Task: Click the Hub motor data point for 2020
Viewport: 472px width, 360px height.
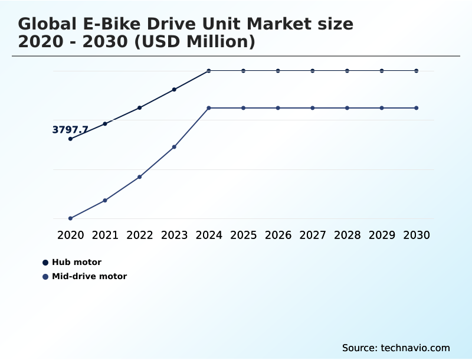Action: coord(70,139)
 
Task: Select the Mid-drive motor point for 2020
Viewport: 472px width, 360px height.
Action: coord(70,218)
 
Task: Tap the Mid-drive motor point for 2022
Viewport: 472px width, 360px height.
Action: coord(140,177)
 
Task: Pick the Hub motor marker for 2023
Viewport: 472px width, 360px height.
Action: coord(174,90)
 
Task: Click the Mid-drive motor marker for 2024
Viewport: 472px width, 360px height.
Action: coord(209,108)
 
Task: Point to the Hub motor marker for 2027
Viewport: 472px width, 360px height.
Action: coord(313,71)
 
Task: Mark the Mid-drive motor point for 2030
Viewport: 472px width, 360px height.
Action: coord(417,108)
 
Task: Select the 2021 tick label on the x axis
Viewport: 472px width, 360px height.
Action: coord(105,235)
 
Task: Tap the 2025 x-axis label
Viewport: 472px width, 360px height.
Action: coord(243,235)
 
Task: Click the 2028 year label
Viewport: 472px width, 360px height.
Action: coord(347,235)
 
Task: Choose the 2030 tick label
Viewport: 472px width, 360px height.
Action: coord(417,235)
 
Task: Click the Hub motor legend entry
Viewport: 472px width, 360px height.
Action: coord(76,262)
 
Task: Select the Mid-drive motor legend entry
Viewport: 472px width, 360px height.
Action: coord(88,276)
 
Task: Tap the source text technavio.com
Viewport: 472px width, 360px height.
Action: coord(415,348)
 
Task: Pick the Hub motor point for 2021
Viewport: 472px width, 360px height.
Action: coord(105,123)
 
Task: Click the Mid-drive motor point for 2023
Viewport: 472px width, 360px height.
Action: coord(174,147)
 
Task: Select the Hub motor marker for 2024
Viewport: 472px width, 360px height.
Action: coord(209,71)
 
